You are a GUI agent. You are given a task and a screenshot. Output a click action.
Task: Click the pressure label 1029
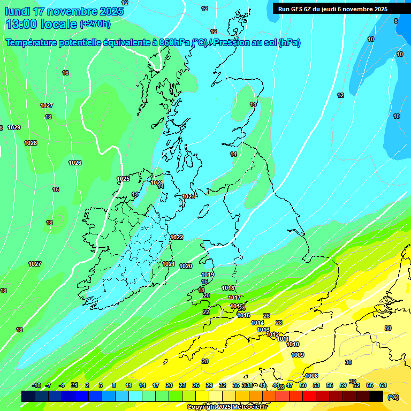tap(14, 127)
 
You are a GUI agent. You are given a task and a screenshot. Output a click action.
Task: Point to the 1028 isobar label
tap(31, 143)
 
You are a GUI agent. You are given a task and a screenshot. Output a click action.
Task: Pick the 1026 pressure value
tap(75, 163)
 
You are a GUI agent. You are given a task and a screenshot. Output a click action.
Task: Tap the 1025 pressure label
tap(123, 179)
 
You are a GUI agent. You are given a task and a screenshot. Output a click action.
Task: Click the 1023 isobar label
tap(188, 196)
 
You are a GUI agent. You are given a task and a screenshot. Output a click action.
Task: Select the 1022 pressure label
tap(177, 237)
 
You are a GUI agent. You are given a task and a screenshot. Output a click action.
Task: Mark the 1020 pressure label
tap(186, 266)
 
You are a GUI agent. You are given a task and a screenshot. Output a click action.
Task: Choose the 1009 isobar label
tap(298, 355)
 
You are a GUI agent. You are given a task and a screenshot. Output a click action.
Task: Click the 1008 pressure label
tap(311, 376)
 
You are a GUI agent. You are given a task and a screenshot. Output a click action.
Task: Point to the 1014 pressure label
tap(257, 323)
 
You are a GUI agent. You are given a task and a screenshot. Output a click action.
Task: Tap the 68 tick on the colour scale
tap(383, 385)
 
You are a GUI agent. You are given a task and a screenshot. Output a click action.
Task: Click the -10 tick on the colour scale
tap(36, 385)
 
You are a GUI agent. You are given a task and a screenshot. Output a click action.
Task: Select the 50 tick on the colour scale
tap(303, 385)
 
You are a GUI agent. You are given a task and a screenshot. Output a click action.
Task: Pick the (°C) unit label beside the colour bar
tap(393, 397)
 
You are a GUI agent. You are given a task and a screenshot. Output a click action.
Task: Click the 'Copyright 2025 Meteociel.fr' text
tap(227, 407)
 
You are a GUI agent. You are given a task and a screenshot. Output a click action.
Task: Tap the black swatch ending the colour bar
tap(376, 396)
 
